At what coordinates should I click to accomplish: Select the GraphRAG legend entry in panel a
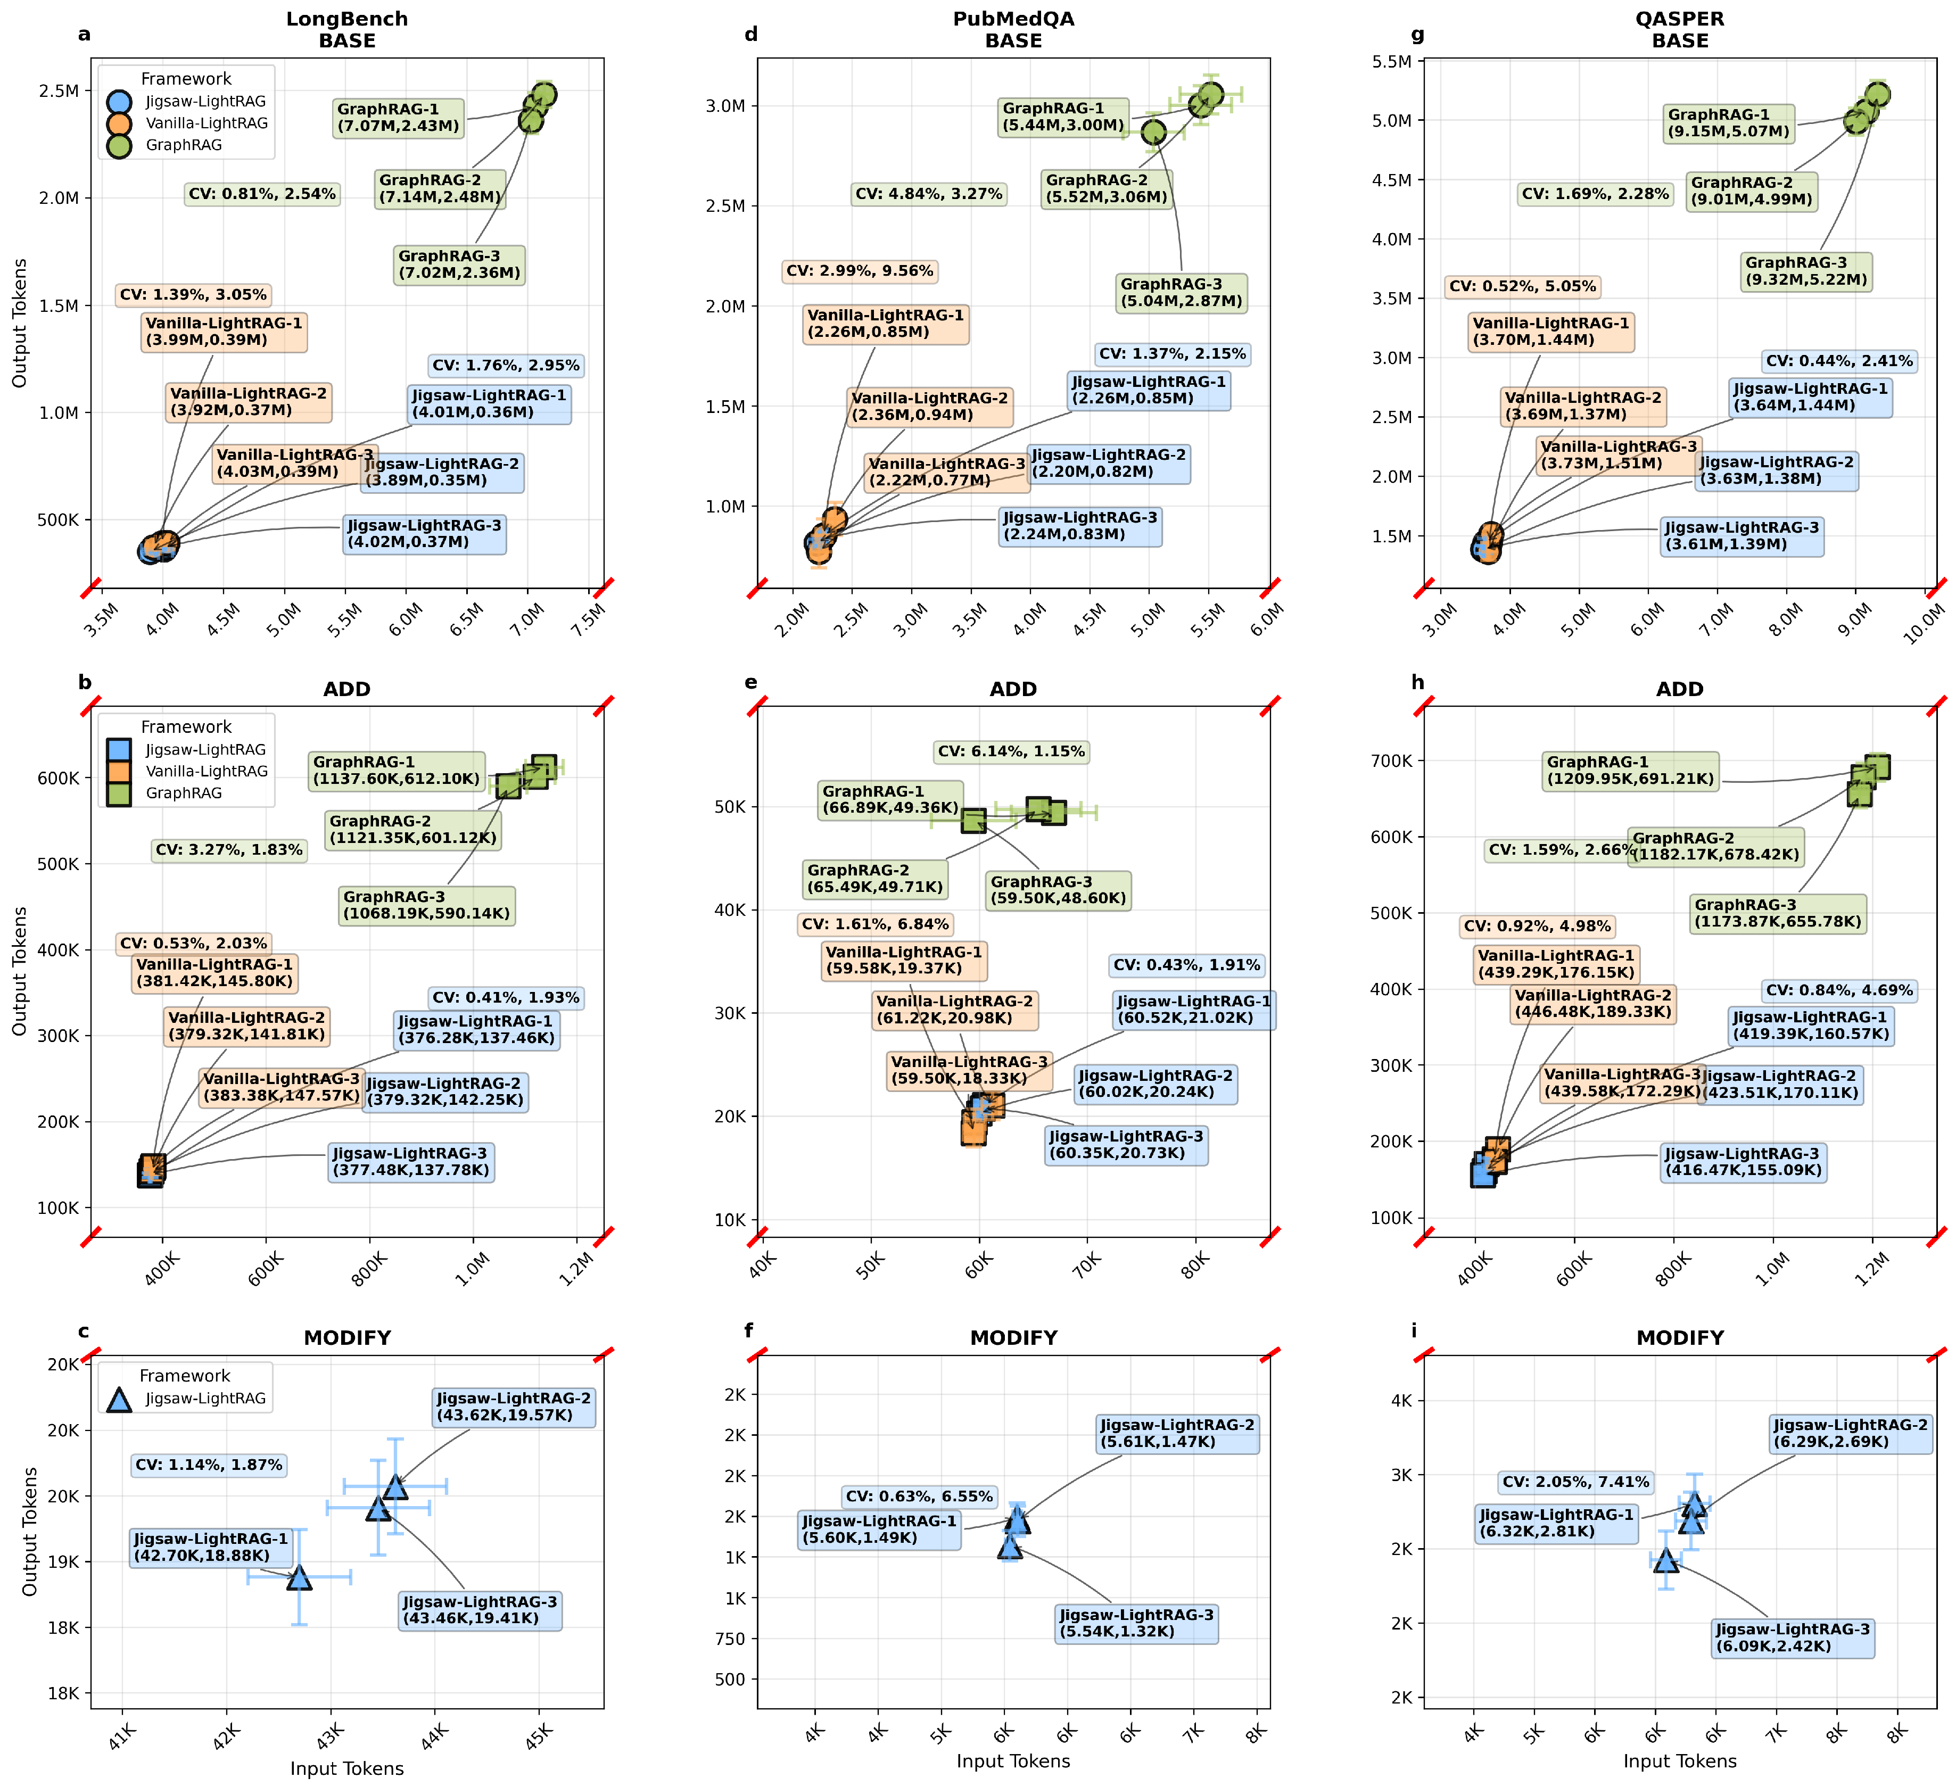pyautogui.click(x=184, y=145)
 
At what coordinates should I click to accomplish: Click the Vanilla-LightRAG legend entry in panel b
pyautogui.click(x=205, y=771)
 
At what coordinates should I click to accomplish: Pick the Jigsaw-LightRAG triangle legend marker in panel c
pyautogui.click(x=118, y=1399)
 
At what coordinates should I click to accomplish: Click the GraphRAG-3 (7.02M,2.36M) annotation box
pyautogui.click(x=460, y=265)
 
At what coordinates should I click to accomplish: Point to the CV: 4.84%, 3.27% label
pyautogui.click(x=929, y=194)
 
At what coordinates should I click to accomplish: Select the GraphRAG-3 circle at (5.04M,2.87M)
pyautogui.click(x=1153, y=132)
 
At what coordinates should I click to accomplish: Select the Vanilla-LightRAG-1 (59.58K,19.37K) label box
pyautogui.click(x=903, y=961)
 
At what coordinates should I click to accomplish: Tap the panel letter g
pyautogui.click(x=1417, y=35)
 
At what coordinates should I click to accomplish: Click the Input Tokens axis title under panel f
pyautogui.click(x=1013, y=1761)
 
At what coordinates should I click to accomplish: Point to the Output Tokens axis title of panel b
pyautogui.click(x=19, y=970)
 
